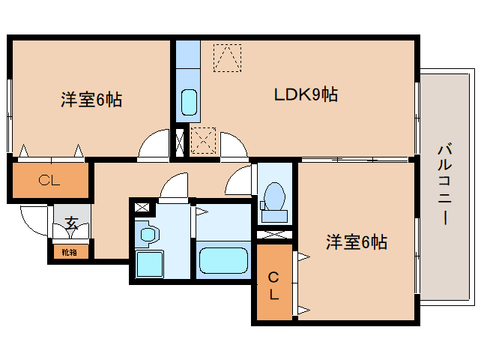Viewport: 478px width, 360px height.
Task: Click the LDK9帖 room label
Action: pyautogui.click(x=306, y=94)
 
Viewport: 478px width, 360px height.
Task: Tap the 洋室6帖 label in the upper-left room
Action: pyautogui.click(x=91, y=100)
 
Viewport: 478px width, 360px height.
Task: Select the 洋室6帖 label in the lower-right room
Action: pyautogui.click(x=357, y=242)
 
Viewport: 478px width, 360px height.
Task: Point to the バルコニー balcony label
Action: pyautogui.click(x=445, y=184)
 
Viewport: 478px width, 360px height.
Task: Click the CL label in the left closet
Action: pyautogui.click(x=49, y=181)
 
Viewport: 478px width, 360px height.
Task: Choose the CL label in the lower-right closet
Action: pyautogui.click(x=273, y=286)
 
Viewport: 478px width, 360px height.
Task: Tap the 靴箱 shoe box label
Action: pyautogui.click(x=69, y=252)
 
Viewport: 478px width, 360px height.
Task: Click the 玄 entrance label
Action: pyautogui.click(x=72, y=223)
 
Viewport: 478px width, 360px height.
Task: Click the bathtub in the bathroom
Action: pyautogui.click(x=223, y=260)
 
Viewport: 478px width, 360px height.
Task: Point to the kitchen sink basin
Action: pyautogui.click(x=189, y=102)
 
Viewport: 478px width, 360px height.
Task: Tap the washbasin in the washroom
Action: pyautogui.click(x=148, y=234)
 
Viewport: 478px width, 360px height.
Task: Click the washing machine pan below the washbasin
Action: pyautogui.click(x=149, y=264)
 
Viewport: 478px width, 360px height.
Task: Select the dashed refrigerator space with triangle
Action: pyautogui.click(x=228, y=58)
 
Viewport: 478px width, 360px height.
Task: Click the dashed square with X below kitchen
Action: pyautogui.click(x=203, y=141)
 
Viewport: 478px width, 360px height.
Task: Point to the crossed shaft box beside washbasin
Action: pyautogui.click(x=142, y=208)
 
